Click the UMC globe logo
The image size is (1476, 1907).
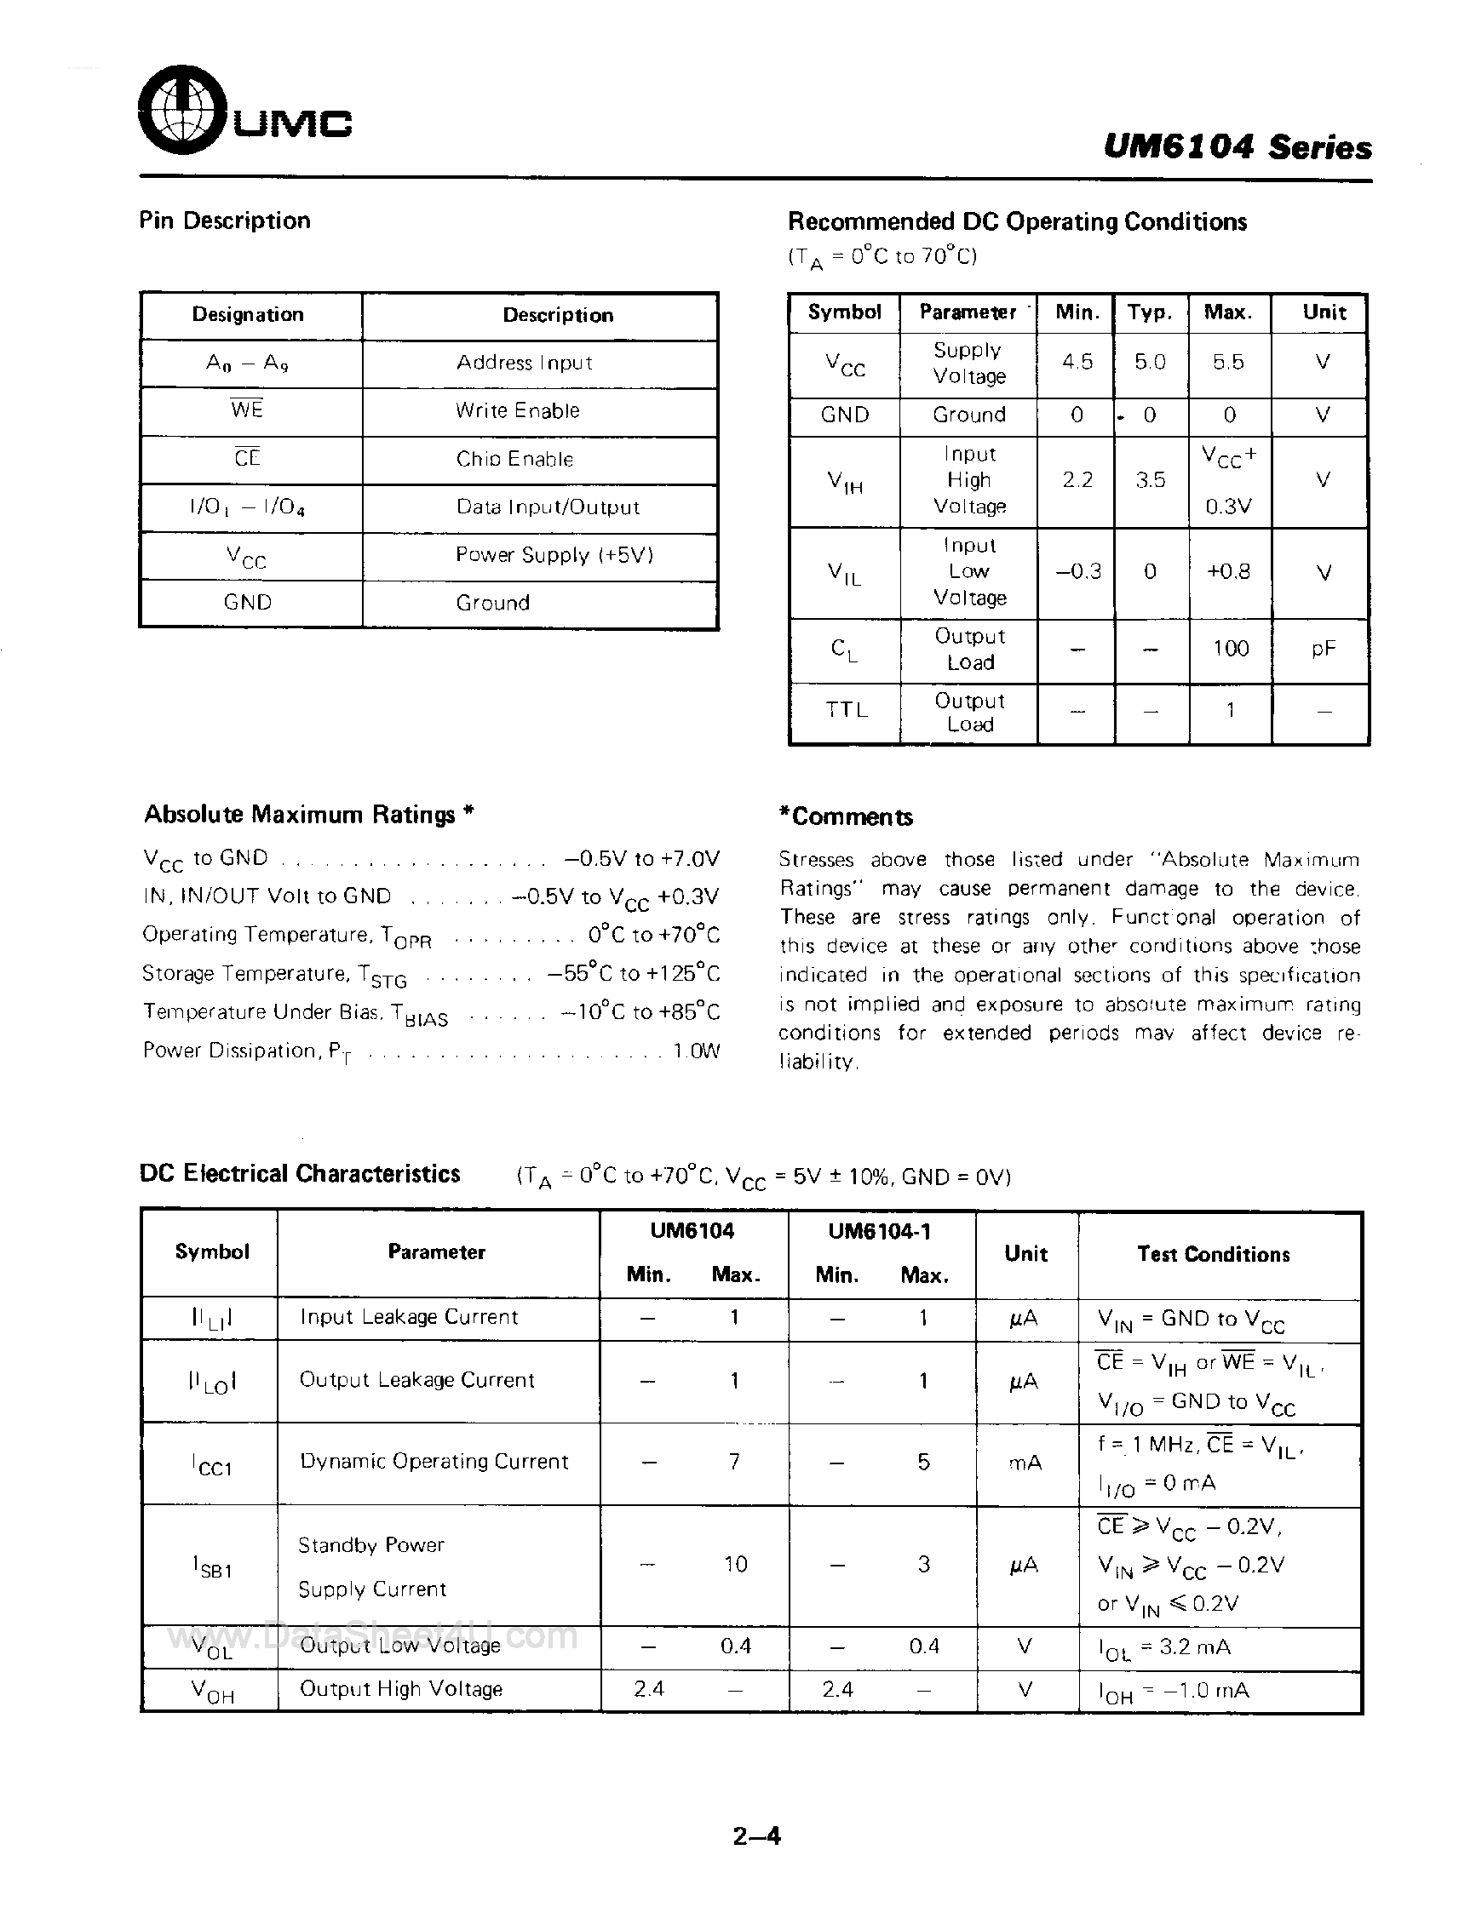point(181,109)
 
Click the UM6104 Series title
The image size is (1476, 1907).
point(1237,146)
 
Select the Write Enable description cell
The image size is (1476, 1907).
point(517,410)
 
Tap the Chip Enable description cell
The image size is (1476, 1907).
point(514,459)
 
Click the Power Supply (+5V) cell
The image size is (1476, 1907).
point(554,555)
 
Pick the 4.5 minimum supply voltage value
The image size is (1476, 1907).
point(1077,362)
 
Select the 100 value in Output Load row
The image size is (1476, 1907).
point(1230,648)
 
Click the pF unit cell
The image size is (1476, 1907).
point(1324,648)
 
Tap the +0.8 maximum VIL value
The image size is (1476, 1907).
point(1228,572)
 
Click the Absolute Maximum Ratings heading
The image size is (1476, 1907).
point(308,814)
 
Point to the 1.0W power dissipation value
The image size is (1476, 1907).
point(696,1051)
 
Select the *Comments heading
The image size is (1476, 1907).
point(846,816)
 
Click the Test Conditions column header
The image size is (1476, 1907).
point(1213,1254)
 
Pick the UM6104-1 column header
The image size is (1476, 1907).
point(880,1231)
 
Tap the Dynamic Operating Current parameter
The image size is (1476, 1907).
point(434,1461)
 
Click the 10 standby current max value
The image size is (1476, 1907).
point(735,1564)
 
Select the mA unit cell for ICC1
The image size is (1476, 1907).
point(1025,1462)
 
